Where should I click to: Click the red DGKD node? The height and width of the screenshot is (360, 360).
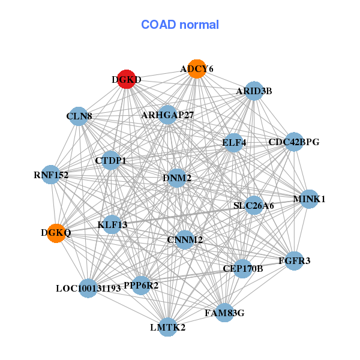pos(125,79)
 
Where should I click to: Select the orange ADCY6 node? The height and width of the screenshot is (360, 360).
pos(197,69)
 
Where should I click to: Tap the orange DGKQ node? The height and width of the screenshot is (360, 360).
pos(56,233)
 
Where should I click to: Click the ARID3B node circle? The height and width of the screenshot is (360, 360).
pos(254,91)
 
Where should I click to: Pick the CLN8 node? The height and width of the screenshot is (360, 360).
pos(79,116)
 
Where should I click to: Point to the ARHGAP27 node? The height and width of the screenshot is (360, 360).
pos(167,115)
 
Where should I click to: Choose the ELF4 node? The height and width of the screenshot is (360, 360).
pos(234,143)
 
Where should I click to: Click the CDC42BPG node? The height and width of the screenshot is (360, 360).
pos(293,142)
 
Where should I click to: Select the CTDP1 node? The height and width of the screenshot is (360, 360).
pos(110,160)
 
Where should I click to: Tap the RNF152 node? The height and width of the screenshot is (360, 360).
pos(51,175)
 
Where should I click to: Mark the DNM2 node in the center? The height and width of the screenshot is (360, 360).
pos(177,178)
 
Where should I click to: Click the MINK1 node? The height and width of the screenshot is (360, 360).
pos(308,199)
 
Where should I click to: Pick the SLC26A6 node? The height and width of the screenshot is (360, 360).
pos(254,205)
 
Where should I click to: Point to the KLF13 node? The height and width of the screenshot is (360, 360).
pos(112,225)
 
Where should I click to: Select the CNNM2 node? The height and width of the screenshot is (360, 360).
pos(185,240)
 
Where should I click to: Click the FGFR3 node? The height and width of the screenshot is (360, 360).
pos(294,260)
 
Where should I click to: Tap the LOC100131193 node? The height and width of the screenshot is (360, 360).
pos(88,288)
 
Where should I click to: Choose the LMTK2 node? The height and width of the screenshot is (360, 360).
pos(167,327)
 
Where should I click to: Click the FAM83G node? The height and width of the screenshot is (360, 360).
pos(224,313)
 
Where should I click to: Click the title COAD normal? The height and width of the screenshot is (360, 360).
pos(180,25)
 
